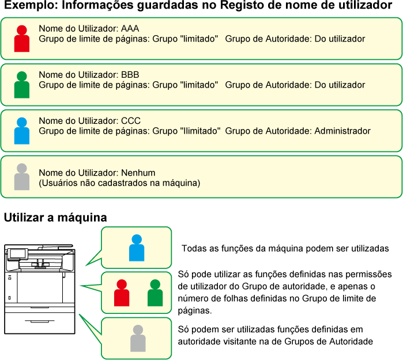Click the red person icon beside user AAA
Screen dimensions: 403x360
22,39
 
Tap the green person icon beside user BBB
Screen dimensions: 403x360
22,85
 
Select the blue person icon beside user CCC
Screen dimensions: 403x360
22,131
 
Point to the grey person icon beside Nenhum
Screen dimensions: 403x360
22,177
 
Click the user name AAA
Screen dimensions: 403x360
130,28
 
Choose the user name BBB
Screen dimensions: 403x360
130,75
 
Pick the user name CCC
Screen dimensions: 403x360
131,121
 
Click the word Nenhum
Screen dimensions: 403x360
138,173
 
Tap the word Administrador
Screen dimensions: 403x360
342,131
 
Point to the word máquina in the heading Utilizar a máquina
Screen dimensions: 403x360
82,218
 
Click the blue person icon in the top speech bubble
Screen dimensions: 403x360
137,248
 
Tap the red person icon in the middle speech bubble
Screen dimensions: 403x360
122,293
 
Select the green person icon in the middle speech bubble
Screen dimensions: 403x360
155,293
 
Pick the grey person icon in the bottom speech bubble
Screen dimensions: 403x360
138,338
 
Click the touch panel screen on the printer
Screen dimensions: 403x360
18,254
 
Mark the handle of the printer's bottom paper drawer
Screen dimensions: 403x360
40,321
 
